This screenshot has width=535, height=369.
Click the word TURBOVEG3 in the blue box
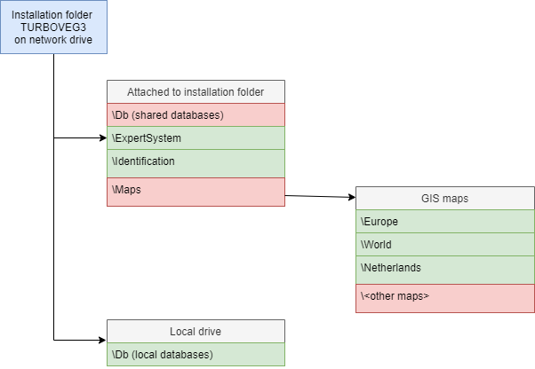(x=53, y=27)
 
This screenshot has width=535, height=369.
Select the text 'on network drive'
(x=53, y=40)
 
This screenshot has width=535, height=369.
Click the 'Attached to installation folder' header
(x=196, y=91)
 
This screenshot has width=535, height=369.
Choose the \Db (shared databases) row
(x=196, y=114)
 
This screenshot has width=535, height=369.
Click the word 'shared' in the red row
(x=149, y=114)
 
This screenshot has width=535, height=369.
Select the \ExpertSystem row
(x=196, y=137)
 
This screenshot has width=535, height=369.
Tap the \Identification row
(x=196, y=161)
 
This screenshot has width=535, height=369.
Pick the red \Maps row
(x=196, y=191)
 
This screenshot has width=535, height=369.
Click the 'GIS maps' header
(x=444, y=198)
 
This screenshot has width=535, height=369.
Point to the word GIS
(x=431, y=198)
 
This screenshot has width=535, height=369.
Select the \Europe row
(x=444, y=221)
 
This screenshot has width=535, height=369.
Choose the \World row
(x=444, y=244)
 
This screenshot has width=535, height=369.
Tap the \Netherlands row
(x=444, y=268)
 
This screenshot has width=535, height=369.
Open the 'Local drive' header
(x=196, y=331)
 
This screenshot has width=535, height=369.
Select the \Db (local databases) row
(x=196, y=354)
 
